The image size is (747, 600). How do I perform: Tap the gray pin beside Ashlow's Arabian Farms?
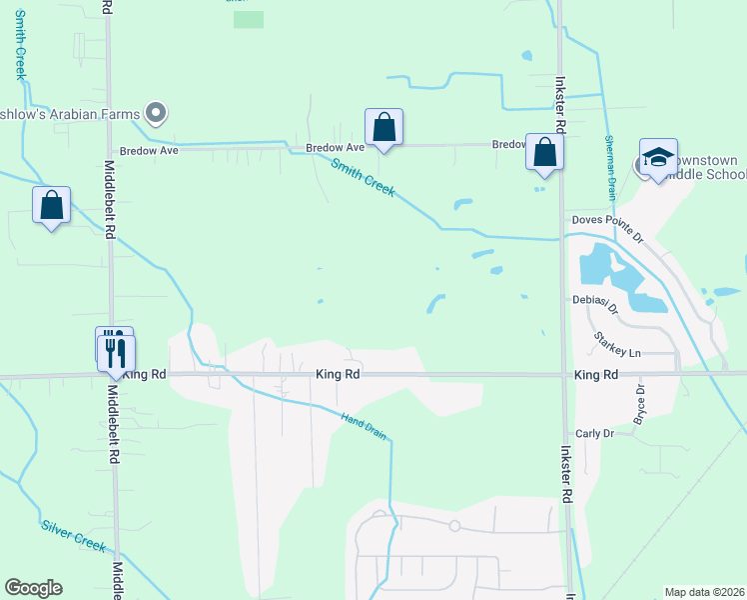point(155,112)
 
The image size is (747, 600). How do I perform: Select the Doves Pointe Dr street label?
point(609,220)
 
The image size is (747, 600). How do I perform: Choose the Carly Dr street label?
point(593,434)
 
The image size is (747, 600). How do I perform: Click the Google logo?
point(33,588)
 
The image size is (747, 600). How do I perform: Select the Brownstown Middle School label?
point(705,167)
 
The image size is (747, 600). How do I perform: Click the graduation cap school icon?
point(658,158)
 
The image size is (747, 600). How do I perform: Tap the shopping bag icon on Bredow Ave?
point(383,128)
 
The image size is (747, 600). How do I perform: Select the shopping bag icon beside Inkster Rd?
point(544,153)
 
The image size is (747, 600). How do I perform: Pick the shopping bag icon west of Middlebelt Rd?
point(52,205)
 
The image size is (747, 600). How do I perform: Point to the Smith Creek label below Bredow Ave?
point(364,178)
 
